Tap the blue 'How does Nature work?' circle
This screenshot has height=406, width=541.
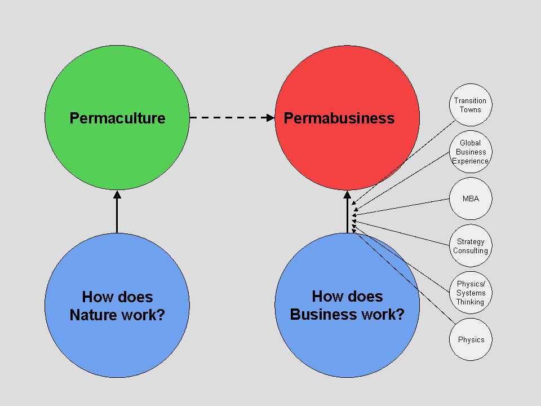117,338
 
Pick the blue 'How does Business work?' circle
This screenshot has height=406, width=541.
347,344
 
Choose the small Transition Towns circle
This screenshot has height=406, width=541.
470,105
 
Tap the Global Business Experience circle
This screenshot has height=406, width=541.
471,152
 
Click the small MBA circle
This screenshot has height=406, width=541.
471,199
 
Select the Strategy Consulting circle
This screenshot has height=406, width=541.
471,246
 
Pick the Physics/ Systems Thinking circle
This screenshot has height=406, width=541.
471,293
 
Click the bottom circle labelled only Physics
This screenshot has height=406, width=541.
471,339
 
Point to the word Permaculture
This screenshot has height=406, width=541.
117,118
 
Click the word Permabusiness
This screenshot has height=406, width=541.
339,118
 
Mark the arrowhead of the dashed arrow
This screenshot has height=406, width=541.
270,118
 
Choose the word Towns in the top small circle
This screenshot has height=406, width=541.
470,109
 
